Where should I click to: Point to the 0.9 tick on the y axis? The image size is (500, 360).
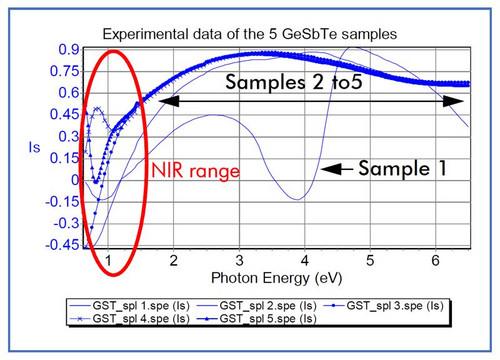pyautogui.click(x=69, y=49)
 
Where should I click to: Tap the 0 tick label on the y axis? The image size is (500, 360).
pyautogui.click(x=76, y=180)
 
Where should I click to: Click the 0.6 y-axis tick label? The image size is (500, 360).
pyautogui.click(x=69, y=93)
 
